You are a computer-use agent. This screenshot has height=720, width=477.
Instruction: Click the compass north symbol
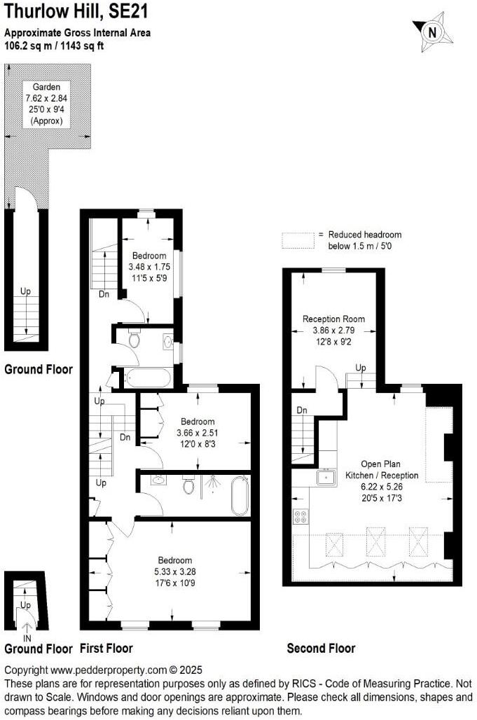pyautogui.click(x=433, y=31)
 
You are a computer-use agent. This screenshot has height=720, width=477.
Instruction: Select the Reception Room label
pyautogui.click(x=333, y=319)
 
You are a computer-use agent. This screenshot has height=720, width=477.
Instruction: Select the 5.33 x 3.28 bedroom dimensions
pyautogui.click(x=174, y=572)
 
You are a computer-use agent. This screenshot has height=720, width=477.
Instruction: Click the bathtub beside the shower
pyautogui.click(x=240, y=496)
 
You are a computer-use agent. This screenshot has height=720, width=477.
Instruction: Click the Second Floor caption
pyautogui.click(x=321, y=649)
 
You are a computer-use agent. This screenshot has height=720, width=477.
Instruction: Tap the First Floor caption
pyautogui.click(x=106, y=648)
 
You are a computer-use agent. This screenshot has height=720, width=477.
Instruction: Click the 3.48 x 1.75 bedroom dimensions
pyautogui.click(x=149, y=267)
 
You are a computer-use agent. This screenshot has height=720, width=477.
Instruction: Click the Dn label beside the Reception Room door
pyautogui.click(x=301, y=410)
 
